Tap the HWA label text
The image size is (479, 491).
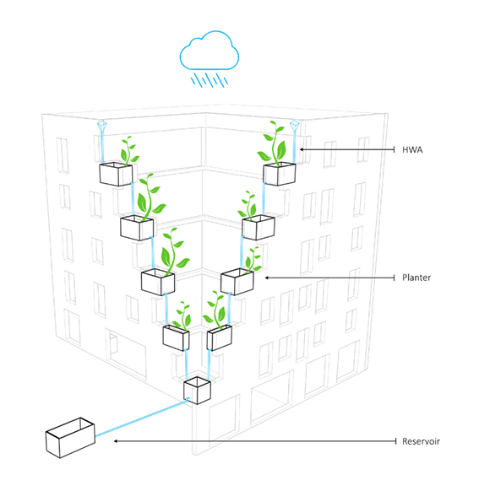412,149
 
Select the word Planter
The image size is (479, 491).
416,278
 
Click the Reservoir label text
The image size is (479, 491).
421,441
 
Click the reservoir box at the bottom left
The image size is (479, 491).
70,438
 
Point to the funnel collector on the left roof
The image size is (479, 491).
102,126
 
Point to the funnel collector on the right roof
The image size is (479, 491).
294,126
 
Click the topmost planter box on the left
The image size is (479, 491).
116,174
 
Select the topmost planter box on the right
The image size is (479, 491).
280,174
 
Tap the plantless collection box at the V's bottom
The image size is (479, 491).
197,390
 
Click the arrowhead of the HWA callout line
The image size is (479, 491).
302,149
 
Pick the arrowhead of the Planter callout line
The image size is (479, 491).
267,278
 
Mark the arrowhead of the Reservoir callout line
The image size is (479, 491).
116,441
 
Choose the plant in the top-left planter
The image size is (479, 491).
129,151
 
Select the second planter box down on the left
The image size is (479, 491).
137,228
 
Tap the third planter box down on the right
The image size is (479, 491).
237,282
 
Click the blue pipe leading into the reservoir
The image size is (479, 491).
142,417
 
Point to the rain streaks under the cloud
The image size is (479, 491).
210,80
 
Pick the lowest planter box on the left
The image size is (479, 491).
176,337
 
